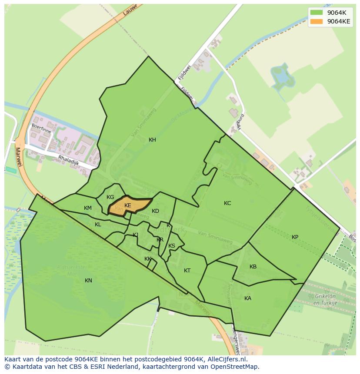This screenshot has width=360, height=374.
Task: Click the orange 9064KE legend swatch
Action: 317,21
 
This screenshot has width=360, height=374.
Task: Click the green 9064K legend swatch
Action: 317,13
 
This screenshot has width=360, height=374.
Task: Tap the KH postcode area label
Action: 152,140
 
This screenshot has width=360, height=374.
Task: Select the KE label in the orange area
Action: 127,205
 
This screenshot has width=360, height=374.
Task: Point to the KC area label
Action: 227,203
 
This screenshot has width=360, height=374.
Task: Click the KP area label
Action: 295,237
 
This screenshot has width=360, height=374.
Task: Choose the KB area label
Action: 253,267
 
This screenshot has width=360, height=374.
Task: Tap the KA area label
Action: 248,298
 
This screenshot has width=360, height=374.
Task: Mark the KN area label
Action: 88,281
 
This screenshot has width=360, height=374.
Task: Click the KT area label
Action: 187,271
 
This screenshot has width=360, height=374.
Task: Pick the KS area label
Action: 172,246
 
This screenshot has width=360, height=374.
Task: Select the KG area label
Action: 110,197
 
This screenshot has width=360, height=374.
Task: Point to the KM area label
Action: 88,208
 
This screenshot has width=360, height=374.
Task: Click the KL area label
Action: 98,225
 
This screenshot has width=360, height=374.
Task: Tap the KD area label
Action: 155,211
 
